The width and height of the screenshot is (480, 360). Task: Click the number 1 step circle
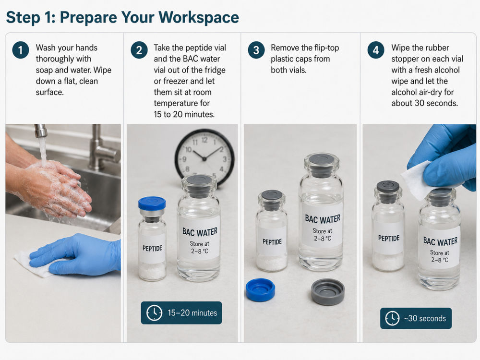tap(21, 50)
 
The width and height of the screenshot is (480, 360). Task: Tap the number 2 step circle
tap(139, 50)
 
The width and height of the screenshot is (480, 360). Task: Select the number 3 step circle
tap(256, 50)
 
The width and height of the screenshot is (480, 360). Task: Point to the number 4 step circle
tap(376, 50)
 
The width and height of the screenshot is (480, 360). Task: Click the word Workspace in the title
tap(199, 17)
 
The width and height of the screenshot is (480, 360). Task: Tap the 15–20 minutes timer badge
tap(181, 312)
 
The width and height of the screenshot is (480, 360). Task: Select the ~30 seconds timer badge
tap(416, 318)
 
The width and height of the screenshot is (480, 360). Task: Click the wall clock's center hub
tap(204, 159)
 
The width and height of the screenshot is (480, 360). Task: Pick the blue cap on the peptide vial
tap(152, 204)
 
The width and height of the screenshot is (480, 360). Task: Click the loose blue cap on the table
tap(260, 289)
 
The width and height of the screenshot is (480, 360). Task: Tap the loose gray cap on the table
tap(327, 292)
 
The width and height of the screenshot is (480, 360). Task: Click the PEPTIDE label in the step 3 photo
tap(272, 242)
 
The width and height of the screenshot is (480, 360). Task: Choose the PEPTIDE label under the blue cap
tap(152, 248)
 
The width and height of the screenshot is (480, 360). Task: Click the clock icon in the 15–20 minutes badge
tap(154, 312)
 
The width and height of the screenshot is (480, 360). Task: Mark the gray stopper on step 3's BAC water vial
tap(321, 162)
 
